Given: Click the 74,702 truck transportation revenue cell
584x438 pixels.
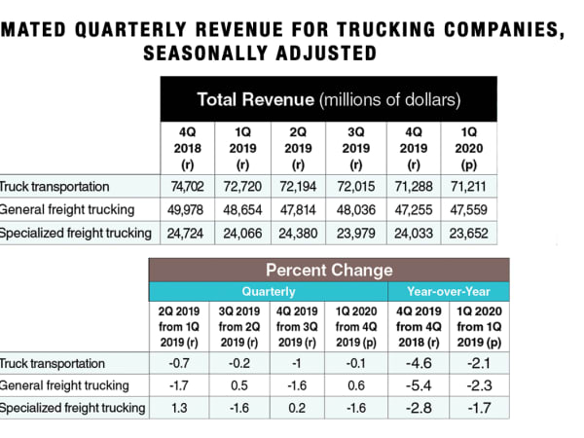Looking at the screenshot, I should (189, 185).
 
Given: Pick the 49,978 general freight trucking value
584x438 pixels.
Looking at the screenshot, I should (189, 208).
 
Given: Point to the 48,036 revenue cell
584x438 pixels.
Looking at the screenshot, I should (357, 208).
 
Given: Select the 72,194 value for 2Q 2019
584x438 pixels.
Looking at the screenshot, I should (301, 185).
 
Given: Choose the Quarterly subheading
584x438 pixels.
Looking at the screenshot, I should (269, 290).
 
